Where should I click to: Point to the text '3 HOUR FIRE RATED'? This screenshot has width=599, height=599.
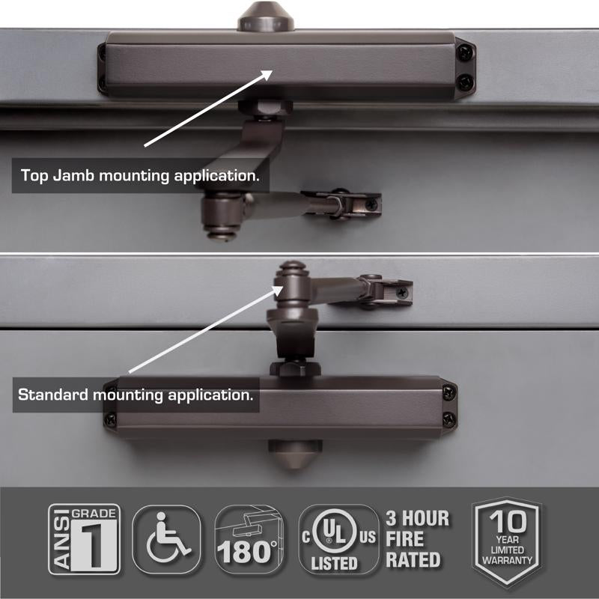click(418, 539)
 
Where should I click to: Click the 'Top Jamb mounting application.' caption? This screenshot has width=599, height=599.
click(141, 177)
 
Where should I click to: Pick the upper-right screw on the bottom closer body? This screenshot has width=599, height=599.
click(449, 389)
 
